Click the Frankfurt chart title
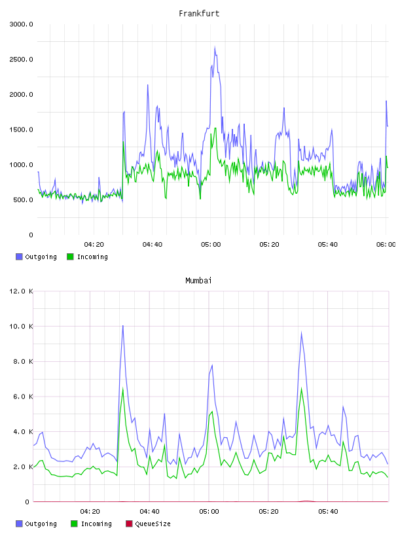199,14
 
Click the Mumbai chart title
198,281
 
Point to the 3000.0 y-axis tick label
21,24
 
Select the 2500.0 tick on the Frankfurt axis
21,60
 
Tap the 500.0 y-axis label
23,200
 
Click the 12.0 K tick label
21,291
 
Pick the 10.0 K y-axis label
21,327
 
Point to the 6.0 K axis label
23,397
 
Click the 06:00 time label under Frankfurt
386,245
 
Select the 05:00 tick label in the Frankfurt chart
211,245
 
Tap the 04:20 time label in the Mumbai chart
90,512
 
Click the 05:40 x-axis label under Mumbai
328,512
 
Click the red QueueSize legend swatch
129,524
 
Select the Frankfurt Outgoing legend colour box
19,257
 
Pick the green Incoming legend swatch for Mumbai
74,524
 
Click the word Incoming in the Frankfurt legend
92,257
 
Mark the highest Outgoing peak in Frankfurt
215,47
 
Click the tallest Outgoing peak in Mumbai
122,326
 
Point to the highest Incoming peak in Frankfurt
215,128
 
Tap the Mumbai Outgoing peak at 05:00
212,365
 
